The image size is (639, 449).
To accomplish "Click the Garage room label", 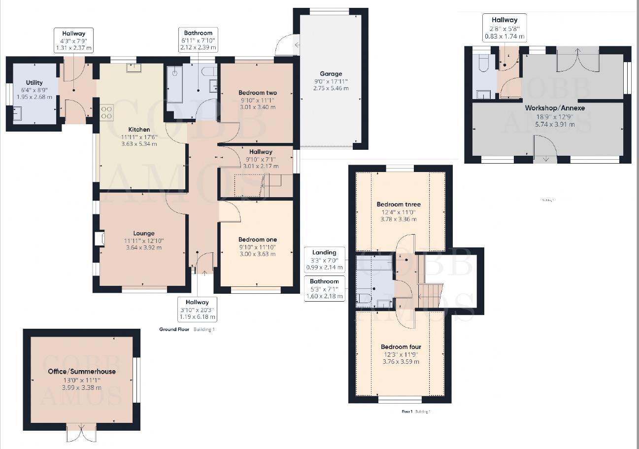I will click(x=330, y=74).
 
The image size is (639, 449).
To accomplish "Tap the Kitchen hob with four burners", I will click(x=106, y=113).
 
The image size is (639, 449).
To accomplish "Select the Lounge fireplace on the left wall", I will click(x=100, y=239).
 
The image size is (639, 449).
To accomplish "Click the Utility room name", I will click(x=34, y=82).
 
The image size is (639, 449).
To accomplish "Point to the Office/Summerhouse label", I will click(x=82, y=371).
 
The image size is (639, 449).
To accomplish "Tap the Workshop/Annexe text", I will click(x=548, y=108).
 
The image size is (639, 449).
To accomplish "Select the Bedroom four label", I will click(x=401, y=346).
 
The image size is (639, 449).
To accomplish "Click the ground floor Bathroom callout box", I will click(x=198, y=40).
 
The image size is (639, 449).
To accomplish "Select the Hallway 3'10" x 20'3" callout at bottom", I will click(x=197, y=310).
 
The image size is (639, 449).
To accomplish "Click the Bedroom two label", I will click(x=257, y=93).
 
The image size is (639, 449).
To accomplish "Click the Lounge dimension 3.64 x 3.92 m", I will click(x=143, y=247).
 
